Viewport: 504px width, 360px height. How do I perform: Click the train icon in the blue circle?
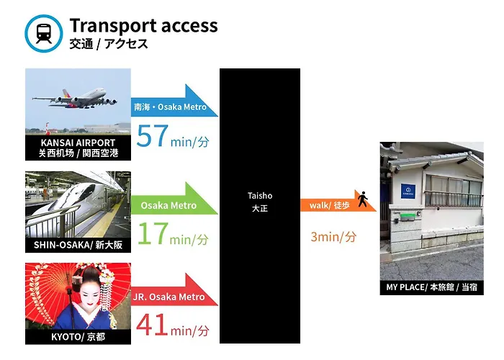(x=44, y=33)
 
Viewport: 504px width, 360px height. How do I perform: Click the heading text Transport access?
(x=144, y=25)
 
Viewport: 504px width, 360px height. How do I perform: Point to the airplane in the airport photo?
(x=75, y=99)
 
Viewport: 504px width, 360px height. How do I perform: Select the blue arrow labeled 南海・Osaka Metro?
(x=174, y=101)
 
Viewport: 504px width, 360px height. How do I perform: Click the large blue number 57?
(x=153, y=136)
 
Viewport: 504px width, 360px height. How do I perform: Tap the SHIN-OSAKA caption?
(x=78, y=245)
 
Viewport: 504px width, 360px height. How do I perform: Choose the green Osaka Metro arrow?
(x=174, y=198)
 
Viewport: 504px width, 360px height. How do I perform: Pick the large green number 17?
(x=153, y=234)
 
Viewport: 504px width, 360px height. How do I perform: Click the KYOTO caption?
(x=78, y=336)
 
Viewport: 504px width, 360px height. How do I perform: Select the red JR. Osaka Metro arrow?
(x=174, y=289)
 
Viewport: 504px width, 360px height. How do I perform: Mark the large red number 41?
(x=152, y=325)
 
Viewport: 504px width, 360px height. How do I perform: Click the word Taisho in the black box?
(x=260, y=195)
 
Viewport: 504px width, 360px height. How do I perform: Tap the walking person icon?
(x=363, y=199)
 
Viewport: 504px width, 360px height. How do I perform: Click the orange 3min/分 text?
(x=333, y=237)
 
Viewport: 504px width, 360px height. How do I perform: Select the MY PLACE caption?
(x=432, y=287)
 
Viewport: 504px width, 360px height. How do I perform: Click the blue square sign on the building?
(x=408, y=191)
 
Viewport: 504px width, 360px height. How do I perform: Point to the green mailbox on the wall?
(x=407, y=217)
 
